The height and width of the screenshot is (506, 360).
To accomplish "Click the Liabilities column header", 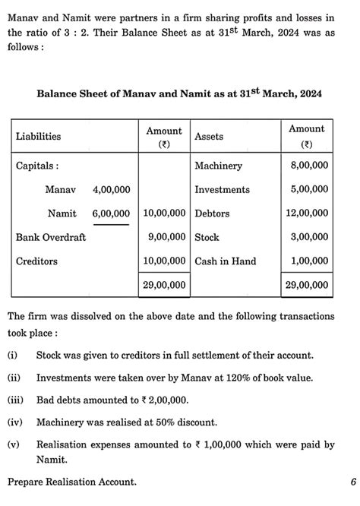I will [39, 137].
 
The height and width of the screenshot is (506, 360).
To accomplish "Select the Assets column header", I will [209, 137].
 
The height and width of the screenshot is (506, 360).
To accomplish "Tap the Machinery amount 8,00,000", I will [309, 166].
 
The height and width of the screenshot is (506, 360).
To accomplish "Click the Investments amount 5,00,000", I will [309, 190].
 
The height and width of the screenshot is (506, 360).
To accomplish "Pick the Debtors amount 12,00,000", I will [307, 213].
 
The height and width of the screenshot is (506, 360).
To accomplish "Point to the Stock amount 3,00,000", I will [309, 237].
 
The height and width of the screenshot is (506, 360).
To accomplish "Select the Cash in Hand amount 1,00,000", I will [309, 261].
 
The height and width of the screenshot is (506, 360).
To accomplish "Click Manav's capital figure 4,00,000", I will [111, 190].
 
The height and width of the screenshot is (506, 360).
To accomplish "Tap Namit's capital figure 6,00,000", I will [111, 213].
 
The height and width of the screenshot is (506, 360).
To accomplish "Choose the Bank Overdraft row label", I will [51, 237].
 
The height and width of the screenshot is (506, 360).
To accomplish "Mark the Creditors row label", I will [36, 261].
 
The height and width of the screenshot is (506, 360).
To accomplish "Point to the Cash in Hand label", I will [226, 261].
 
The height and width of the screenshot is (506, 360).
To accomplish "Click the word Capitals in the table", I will [37, 166].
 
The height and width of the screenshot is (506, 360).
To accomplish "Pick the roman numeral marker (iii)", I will [14, 400].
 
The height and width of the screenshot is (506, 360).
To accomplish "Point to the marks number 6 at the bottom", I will [353, 482].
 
